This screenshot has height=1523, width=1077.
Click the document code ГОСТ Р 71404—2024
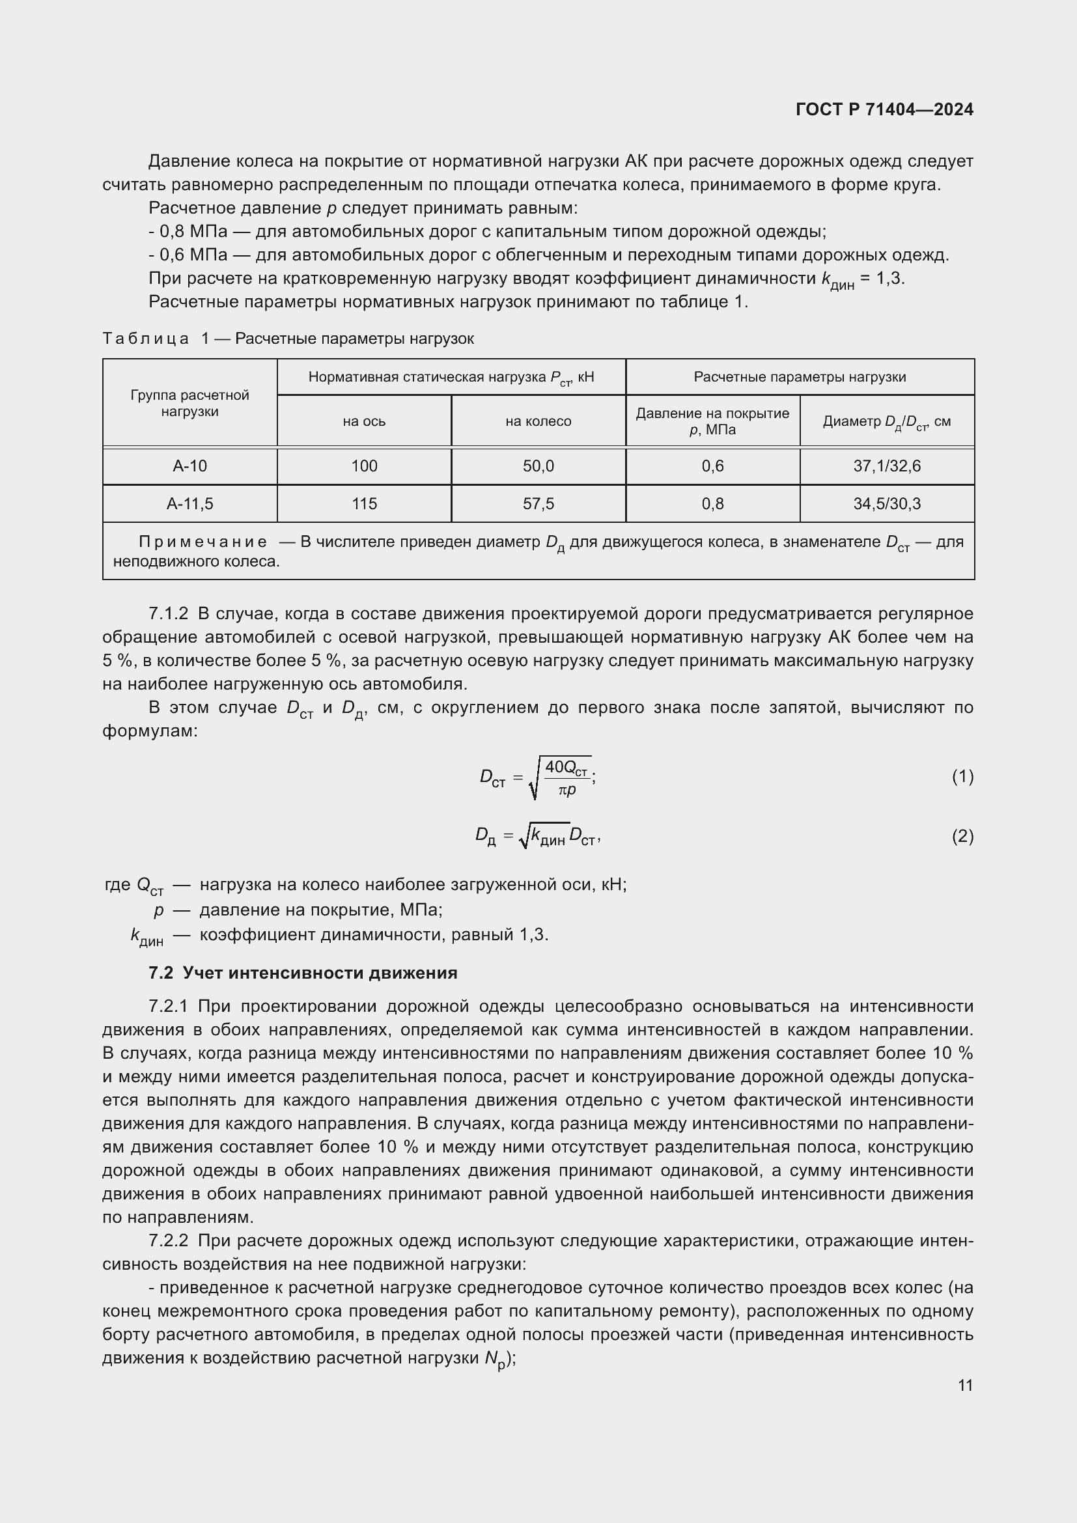click(884, 109)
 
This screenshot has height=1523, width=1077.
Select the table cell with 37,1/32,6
click(887, 466)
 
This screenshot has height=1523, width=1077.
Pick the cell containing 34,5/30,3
click(887, 503)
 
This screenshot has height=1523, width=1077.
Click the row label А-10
click(189, 466)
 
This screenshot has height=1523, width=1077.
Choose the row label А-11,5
click(189, 503)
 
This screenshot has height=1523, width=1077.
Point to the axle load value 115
click(364, 503)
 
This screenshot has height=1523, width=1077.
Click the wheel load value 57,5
click(538, 503)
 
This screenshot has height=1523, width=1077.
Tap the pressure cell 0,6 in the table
click(712, 466)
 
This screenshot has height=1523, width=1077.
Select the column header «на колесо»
click(538, 421)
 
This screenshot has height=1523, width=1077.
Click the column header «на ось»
click(364, 421)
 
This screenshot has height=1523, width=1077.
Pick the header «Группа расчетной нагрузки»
click(189, 402)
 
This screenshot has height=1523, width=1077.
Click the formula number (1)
click(962, 776)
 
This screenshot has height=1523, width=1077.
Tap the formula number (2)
click(962, 836)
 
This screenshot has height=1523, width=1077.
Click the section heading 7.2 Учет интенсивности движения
click(303, 972)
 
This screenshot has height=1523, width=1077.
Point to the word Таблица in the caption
click(145, 339)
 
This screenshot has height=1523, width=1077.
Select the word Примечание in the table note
click(203, 542)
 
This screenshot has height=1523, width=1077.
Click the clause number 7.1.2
click(169, 613)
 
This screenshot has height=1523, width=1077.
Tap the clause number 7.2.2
click(169, 1240)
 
